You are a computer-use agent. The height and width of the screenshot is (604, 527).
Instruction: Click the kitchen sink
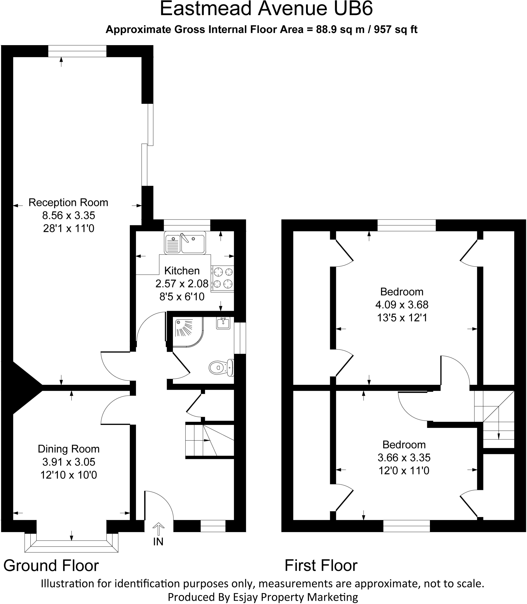(185, 244)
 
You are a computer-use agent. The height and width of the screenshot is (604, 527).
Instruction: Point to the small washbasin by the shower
(223, 323)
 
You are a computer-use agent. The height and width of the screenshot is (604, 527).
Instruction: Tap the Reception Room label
(68, 203)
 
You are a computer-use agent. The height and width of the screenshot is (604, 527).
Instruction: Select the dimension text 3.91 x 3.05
(68, 462)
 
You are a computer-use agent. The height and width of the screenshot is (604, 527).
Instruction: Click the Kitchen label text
(182, 270)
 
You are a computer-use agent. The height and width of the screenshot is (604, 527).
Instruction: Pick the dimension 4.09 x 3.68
(402, 304)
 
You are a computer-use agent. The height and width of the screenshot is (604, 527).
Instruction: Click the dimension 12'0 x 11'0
(404, 470)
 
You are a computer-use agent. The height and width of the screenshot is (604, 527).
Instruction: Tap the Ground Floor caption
(51, 566)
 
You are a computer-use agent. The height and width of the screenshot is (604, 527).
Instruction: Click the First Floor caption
(321, 566)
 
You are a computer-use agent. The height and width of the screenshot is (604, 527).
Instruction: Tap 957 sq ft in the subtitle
(395, 29)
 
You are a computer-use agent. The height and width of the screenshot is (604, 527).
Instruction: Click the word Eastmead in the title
(206, 9)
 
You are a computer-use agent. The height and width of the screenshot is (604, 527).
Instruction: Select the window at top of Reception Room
(77, 51)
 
